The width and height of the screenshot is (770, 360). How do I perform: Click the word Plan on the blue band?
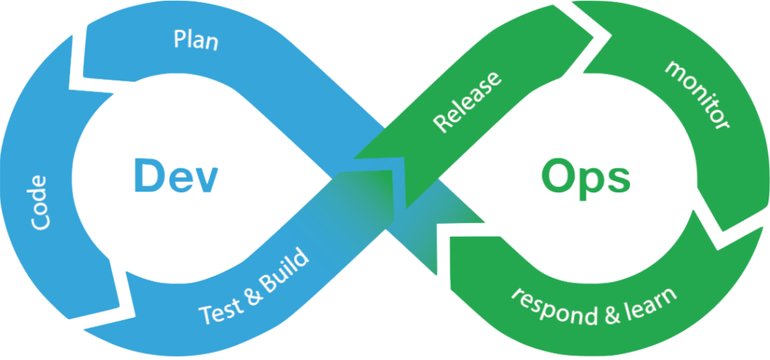click(196, 40)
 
